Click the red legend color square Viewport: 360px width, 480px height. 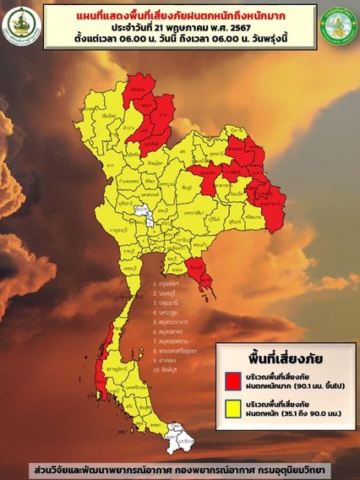click(x=231, y=378)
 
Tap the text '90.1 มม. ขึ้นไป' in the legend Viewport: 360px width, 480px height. click(x=312, y=382)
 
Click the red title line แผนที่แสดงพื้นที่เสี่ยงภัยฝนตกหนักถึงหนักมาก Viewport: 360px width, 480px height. click(x=179, y=14)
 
